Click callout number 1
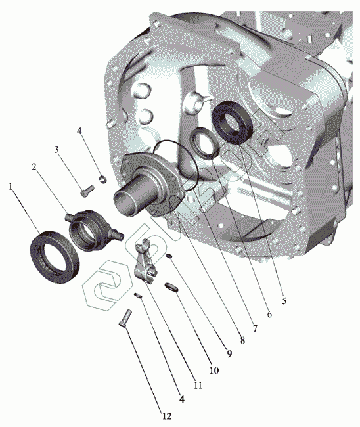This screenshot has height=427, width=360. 11,187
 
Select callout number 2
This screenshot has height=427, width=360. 34,167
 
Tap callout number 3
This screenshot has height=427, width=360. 56,150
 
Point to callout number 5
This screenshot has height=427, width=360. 284,301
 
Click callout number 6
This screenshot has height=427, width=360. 269,314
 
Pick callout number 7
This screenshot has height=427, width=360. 255,328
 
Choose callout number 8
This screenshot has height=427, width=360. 242,340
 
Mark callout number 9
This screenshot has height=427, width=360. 229,353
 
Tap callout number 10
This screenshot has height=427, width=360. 214,371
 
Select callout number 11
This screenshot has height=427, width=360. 198,385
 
